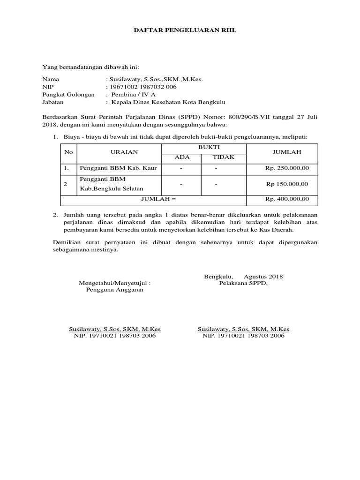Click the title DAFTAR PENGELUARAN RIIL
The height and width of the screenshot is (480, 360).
click(180, 30)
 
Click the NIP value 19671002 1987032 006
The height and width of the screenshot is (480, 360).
click(142, 87)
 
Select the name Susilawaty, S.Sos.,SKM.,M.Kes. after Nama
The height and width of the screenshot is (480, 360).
click(155, 79)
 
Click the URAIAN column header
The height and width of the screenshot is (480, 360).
click(120, 152)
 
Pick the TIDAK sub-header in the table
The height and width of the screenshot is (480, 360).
click(223, 157)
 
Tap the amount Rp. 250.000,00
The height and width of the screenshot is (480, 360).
click(287, 168)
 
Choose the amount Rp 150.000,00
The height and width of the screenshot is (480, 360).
click(287, 184)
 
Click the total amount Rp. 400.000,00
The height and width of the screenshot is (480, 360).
click(287, 199)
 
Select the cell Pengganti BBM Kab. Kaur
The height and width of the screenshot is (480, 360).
click(118, 168)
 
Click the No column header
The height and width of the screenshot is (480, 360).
click(68, 152)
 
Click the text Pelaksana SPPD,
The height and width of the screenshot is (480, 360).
click(243, 283)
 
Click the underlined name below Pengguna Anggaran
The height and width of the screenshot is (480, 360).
click(115, 330)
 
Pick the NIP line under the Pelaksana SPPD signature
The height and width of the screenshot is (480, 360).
click(243, 336)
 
